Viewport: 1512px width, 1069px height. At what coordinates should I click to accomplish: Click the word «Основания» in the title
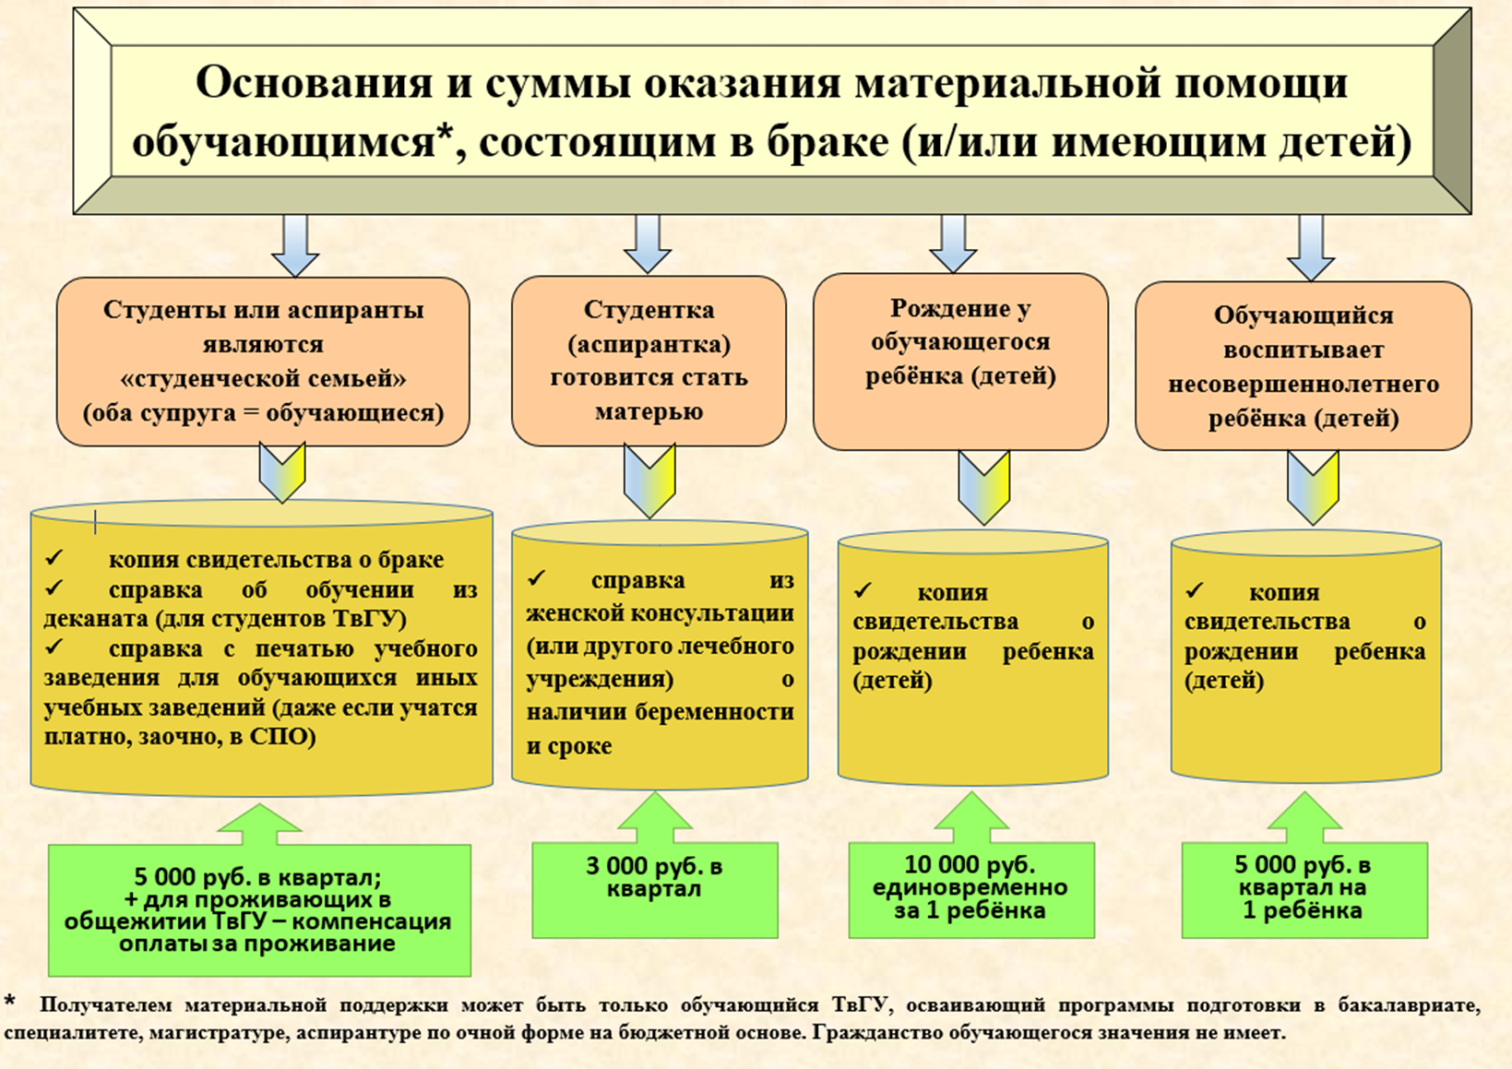[314, 83]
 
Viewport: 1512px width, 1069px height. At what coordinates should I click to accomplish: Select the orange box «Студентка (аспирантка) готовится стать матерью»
[649, 361]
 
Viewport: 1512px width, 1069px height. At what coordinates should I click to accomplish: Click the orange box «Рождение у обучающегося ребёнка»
[960, 360]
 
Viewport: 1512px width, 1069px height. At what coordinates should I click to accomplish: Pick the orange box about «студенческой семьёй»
[263, 361]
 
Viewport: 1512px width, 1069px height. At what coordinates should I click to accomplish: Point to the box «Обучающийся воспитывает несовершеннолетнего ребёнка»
[1303, 366]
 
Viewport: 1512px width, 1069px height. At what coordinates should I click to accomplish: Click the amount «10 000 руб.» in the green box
[970, 865]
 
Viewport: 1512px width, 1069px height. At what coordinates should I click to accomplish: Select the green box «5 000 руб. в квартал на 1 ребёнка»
[1304, 888]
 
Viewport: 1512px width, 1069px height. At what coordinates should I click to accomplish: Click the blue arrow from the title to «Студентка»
[648, 243]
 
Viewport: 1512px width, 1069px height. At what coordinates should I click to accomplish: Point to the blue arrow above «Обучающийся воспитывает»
[1310, 247]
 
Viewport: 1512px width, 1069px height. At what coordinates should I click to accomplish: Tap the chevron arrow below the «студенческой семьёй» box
[282, 471]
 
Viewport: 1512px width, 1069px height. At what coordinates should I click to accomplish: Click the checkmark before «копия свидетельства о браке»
[54, 557]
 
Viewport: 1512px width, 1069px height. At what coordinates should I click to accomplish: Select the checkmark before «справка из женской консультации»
[537, 578]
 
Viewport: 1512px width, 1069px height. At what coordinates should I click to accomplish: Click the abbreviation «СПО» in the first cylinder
[282, 738]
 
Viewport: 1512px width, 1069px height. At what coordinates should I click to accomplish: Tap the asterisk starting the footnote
[10, 1002]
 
